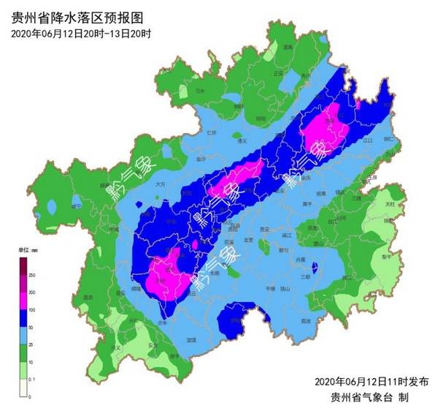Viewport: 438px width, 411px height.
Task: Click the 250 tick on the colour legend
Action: pos(32,274)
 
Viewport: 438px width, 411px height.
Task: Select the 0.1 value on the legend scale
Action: pos(32,380)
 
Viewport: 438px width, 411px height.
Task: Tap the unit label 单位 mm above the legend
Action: pos(28,251)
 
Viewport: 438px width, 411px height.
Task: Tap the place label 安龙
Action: pos(153,344)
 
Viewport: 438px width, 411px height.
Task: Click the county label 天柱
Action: pos(390,203)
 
